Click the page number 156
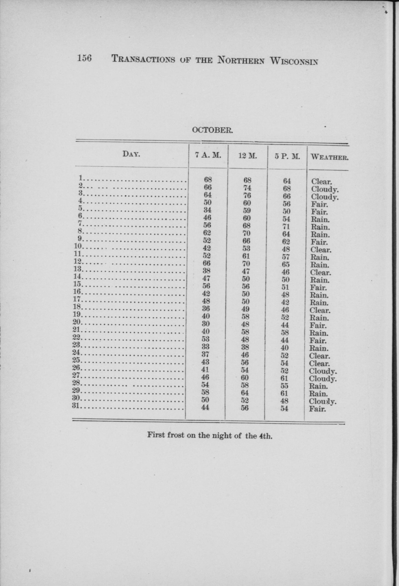pos(84,59)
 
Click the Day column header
pos(131,154)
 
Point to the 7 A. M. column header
pos(208,155)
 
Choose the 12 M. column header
pos(248,156)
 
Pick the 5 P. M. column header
pos(287,157)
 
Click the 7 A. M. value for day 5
pos(207,210)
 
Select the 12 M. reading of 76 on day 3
pos(247,195)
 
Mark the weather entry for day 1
pos(321,181)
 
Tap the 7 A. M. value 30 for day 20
pos(206,323)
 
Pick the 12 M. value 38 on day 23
pos(245,347)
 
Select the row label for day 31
pos(77,407)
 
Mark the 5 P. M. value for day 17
pos(285,302)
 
